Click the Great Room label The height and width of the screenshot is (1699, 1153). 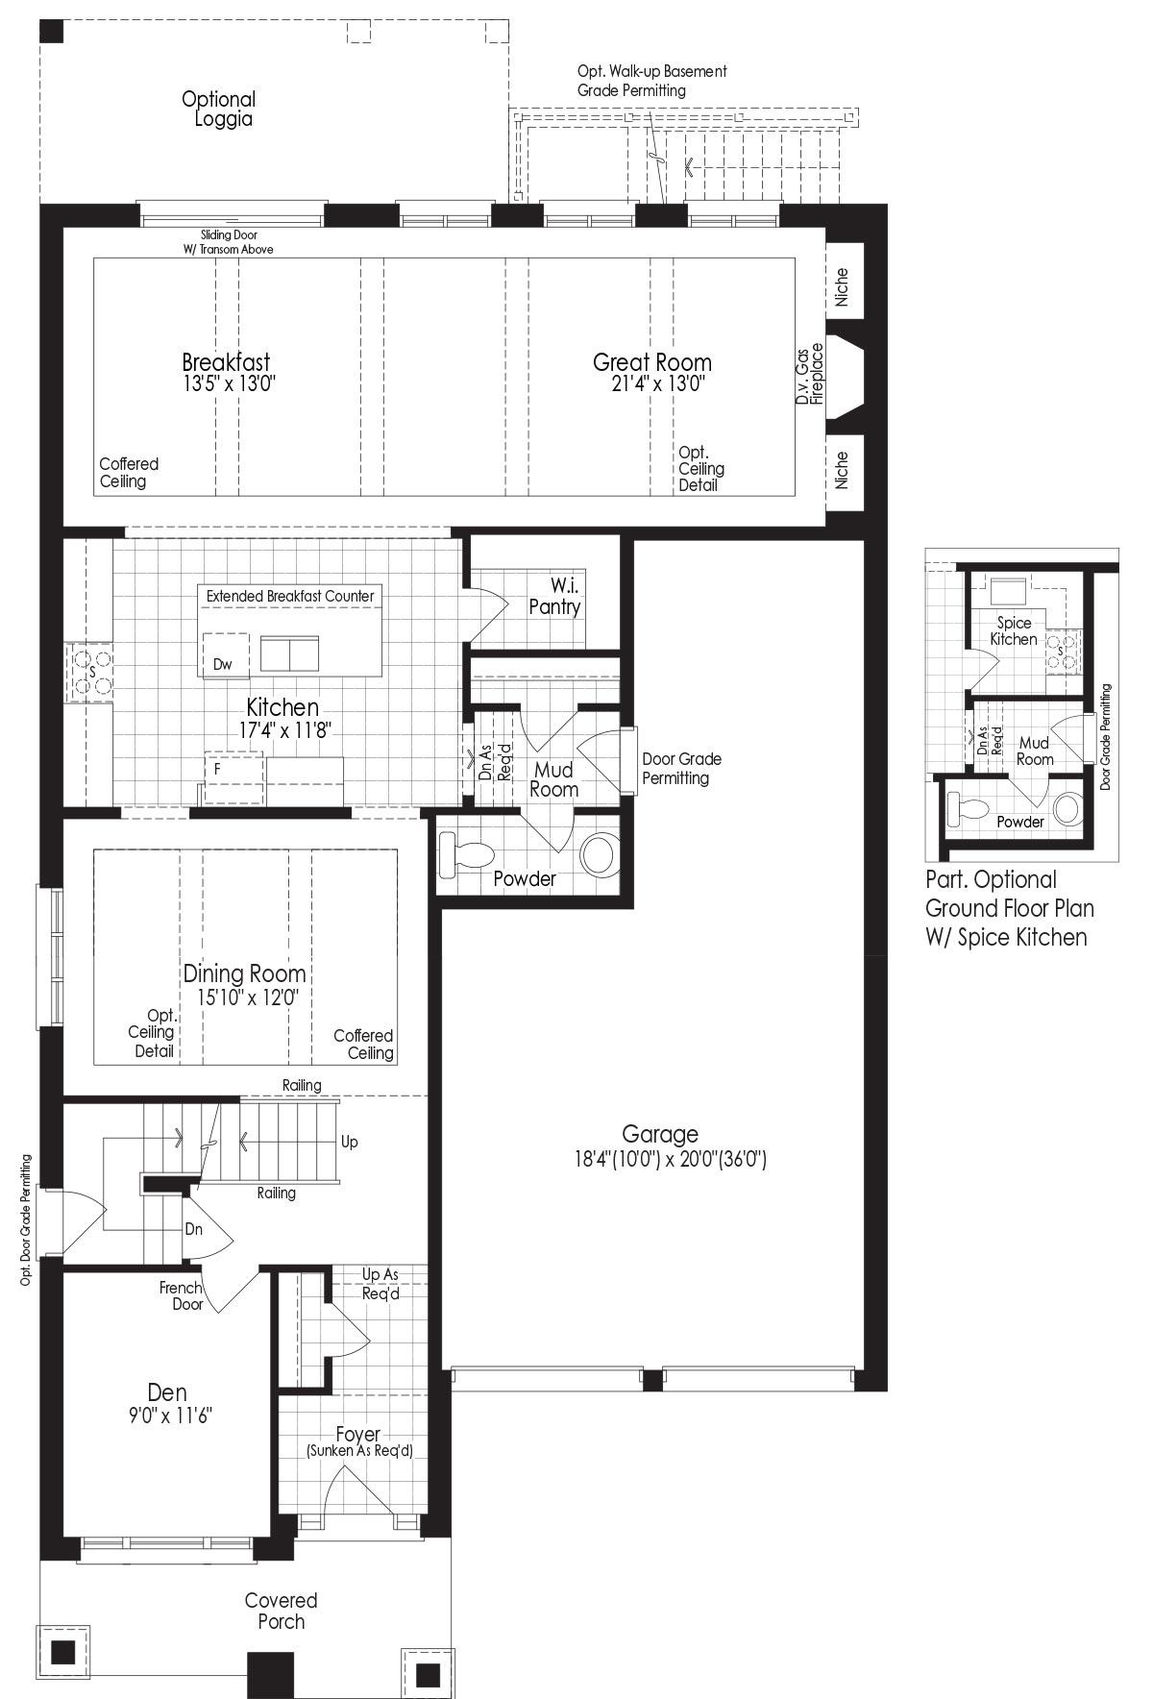[x=652, y=362]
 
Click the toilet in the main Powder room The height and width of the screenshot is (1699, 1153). [x=464, y=853]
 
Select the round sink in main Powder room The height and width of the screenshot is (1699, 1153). [x=600, y=853]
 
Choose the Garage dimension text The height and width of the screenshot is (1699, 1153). [x=670, y=1160]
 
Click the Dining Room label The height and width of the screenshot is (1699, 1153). [x=245, y=973]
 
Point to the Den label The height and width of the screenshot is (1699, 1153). [x=167, y=1391]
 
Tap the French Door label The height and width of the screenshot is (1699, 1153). [x=182, y=1295]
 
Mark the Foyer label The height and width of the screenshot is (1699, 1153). [x=358, y=1434]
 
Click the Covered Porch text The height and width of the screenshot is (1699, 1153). [x=281, y=1611]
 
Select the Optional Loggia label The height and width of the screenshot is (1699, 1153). [x=219, y=109]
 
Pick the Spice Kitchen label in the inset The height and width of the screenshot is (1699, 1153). [x=1014, y=630]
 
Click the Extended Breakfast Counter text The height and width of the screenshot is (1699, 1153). [x=290, y=596]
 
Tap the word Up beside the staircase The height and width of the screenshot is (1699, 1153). [x=350, y=1142]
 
